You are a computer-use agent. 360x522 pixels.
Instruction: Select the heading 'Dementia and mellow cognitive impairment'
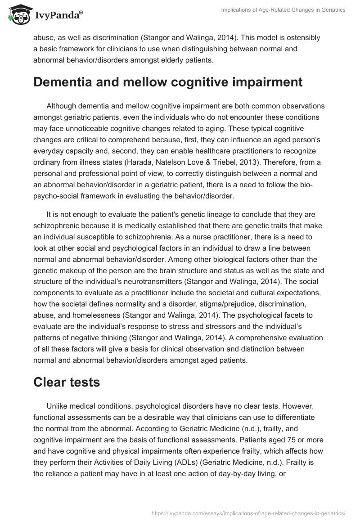pos(162,82)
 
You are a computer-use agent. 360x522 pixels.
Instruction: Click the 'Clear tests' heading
pos(67,369)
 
